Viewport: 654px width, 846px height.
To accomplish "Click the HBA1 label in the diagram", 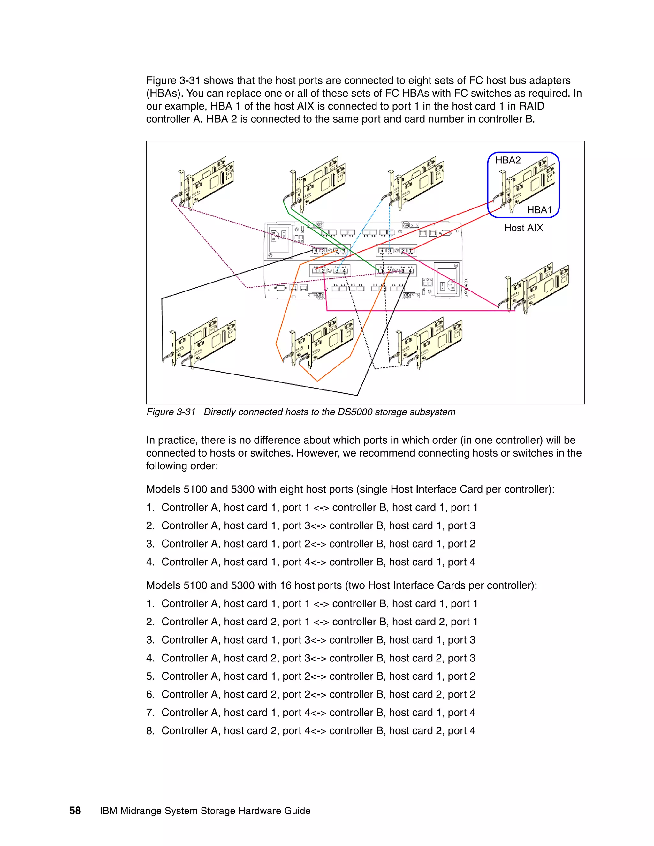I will (x=539, y=210).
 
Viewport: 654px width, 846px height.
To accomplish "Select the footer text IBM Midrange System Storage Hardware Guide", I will (x=205, y=811).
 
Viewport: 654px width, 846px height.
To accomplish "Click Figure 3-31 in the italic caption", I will (x=171, y=412).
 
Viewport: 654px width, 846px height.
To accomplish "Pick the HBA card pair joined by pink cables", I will (x=538, y=289).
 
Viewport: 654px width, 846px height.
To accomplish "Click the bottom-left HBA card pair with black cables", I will (x=202, y=343).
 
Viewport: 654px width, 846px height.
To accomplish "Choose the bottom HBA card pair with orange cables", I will (x=322, y=343).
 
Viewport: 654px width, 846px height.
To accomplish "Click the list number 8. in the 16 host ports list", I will (x=150, y=730).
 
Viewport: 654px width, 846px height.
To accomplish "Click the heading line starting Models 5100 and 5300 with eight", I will (x=350, y=489).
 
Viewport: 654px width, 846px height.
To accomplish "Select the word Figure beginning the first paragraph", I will (x=161, y=80).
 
